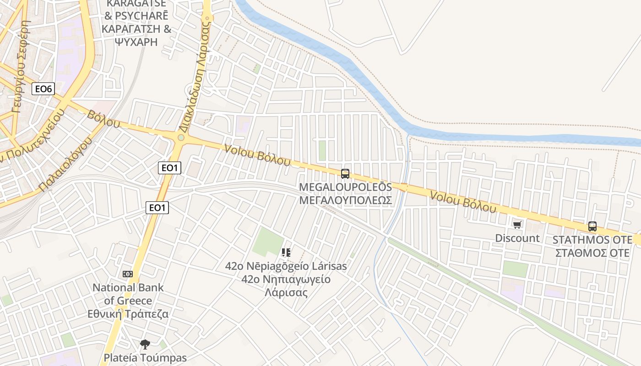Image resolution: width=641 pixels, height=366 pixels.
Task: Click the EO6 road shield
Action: [x=43, y=89]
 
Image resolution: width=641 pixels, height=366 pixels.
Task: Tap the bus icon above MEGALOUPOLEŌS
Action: [x=345, y=174]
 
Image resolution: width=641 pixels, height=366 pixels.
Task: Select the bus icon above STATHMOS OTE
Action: [x=592, y=226]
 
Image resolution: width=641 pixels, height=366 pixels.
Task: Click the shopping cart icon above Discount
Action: [x=517, y=225]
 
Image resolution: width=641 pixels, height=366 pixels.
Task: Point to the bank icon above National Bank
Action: [x=128, y=274]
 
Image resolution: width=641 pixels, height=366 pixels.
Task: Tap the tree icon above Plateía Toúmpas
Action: [x=145, y=344]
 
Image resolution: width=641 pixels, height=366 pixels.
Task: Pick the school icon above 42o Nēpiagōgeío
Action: [x=286, y=253]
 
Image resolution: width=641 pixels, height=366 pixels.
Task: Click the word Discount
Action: [x=517, y=238]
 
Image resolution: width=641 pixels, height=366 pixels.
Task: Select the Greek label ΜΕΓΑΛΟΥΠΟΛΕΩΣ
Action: [x=345, y=200]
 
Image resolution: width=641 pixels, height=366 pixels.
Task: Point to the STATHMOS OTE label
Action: [x=592, y=240]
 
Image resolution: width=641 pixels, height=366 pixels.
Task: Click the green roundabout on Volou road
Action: [x=181, y=137]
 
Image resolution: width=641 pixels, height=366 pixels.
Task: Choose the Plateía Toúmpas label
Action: [x=145, y=358]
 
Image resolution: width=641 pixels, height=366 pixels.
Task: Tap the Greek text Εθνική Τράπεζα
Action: [x=128, y=314]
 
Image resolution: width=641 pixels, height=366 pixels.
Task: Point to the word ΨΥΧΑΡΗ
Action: [x=136, y=42]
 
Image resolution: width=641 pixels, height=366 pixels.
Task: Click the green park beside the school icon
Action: [x=268, y=242]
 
